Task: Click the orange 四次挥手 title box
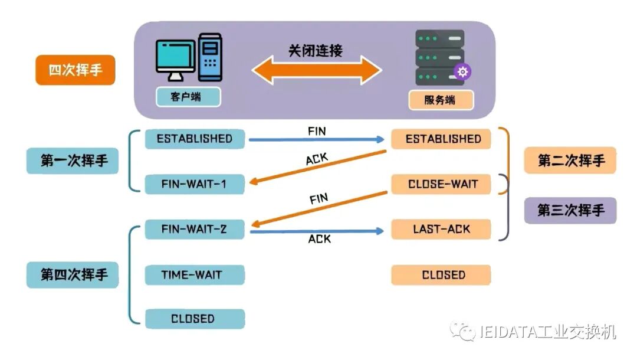point(75,70)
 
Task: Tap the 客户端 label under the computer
point(188,97)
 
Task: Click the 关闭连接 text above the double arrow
point(316,51)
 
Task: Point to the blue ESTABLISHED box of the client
point(195,139)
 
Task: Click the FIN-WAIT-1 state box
point(195,184)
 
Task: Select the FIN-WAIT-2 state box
point(195,229)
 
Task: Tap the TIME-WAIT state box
point(195,275)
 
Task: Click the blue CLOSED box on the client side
point(195,319)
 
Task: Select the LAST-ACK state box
point(441,229)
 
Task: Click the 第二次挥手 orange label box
point(570,161)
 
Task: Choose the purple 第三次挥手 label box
point(570,210)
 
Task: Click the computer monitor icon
point(176,58)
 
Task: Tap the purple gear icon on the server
point(462,72)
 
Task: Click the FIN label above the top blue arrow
point(317,131)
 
